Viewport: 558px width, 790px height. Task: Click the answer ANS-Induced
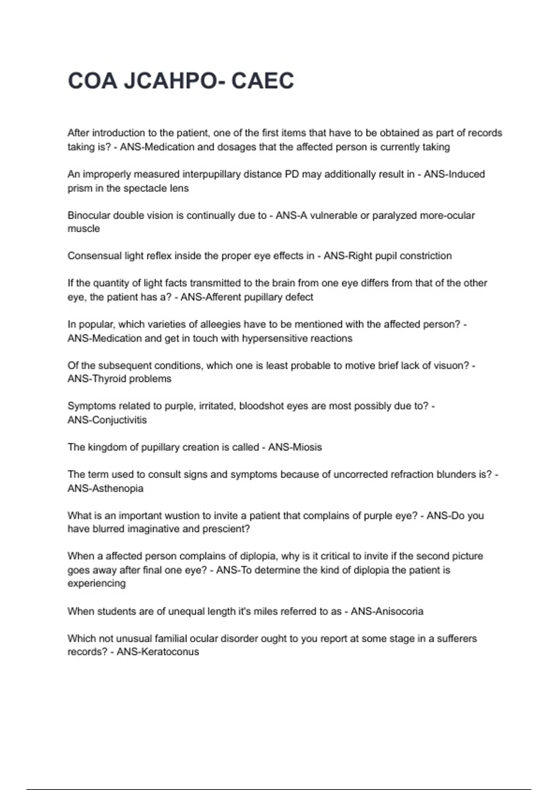[454, 174]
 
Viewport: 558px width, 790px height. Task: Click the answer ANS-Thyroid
[97, 379]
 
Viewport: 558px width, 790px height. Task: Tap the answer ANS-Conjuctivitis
[107, 420]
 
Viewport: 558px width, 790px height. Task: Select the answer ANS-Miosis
[295, 447]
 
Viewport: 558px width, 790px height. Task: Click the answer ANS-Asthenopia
[105, 488]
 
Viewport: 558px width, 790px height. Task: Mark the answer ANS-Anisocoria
[387, 612]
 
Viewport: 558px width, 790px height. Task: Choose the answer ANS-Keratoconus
[158, 652]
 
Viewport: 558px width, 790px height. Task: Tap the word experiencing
[96, 584]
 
